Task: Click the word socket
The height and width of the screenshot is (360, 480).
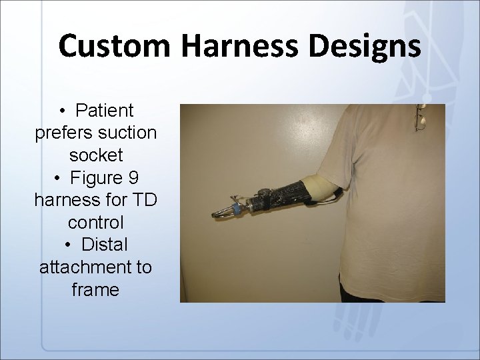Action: point(95,155)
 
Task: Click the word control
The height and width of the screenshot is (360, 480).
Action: point(95,223)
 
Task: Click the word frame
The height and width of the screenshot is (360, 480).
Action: point(95,291)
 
